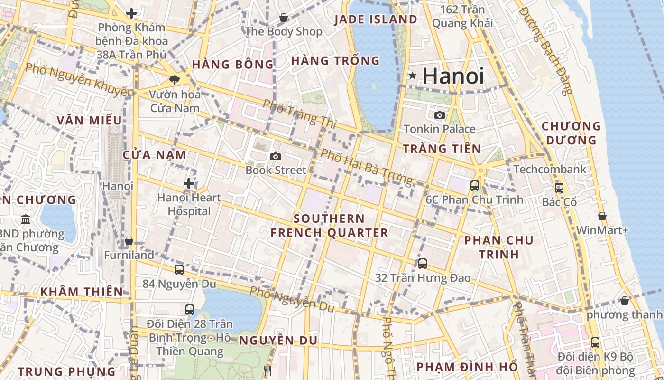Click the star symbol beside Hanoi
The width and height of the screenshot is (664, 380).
[x=413, y=75]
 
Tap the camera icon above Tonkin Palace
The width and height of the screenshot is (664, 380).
[x=440, y=115]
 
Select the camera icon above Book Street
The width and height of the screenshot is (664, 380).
[x=275, y=156]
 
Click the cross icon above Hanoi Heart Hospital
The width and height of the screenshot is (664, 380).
[x=189, y=183]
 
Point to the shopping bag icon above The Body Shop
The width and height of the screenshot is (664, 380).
[x=284, y=18]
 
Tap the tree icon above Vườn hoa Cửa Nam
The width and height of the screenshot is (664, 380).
[x=175, y=80]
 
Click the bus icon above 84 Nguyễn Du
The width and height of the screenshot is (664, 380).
[x=179, y=269]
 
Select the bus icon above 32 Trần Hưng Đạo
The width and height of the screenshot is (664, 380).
[x=423, y=263]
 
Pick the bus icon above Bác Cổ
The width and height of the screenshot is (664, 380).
[x=559, y=188]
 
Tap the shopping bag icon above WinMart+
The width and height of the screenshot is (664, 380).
[x=602, y=216]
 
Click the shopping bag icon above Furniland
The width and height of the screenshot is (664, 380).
[x=129, y=241]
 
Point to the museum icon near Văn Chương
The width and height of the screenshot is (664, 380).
[x=26, y=219]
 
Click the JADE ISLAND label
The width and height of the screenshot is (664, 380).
[x=376, y=19]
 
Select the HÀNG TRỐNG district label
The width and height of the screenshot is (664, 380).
[x=335, y=61]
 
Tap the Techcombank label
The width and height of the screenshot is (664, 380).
[x=550, y=170]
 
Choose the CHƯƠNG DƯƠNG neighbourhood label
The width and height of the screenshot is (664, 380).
[x=571, y=133]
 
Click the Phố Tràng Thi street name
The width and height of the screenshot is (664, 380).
[x=299, y=113]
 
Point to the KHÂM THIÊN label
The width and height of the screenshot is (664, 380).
[x=82, y=291]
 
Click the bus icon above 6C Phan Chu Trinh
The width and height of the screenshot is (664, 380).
[x=475, y=186]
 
